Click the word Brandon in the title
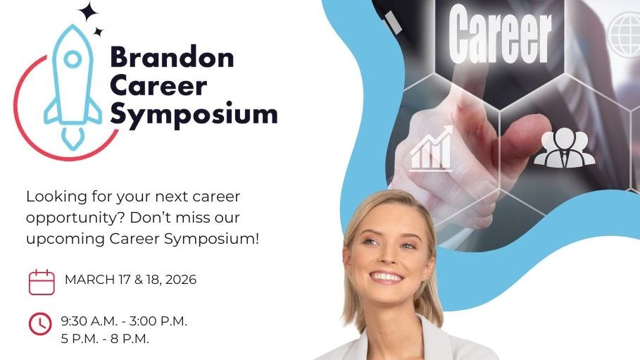point(172,57)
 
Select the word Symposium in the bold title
point(194,114)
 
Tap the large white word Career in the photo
point(500,35)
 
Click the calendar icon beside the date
point(42,282)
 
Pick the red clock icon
point(40,324)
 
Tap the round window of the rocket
point(73,59)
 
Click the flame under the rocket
point(73,139)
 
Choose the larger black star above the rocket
point(88,12)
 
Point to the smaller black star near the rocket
point(98,32)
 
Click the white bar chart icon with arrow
point(432,149)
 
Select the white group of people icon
point(565,147)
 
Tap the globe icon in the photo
point(625,35)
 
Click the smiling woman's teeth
point(386,278)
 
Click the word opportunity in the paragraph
point(75,218)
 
